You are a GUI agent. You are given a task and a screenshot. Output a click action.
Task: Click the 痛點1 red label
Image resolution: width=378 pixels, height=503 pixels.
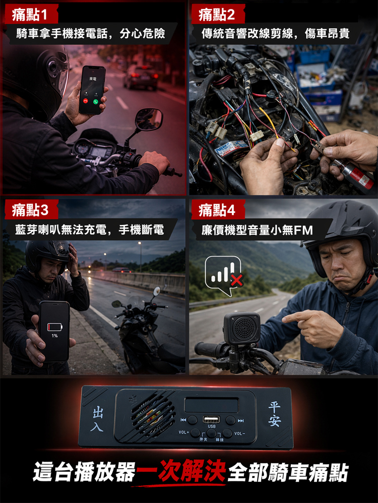31,15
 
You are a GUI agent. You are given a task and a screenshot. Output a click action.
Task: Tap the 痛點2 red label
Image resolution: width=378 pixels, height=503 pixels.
218,15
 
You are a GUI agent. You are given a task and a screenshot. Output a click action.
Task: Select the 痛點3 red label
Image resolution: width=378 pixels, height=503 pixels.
31,210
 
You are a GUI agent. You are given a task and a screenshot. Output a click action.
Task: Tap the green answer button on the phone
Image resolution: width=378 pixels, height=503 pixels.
96,102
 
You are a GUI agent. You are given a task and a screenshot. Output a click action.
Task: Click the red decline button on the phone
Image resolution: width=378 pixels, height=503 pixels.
86,101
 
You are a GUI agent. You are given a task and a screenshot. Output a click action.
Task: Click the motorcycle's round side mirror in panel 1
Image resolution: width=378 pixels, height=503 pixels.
149,119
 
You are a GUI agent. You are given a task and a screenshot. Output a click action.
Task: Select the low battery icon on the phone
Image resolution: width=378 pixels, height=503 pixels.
54,327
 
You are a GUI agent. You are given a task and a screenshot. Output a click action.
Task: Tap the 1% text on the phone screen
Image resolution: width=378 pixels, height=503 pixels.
54,335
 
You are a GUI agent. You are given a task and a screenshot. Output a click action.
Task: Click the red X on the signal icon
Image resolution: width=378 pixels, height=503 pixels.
237,280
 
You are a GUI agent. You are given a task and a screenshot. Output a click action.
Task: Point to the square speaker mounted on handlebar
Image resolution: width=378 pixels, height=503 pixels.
241,328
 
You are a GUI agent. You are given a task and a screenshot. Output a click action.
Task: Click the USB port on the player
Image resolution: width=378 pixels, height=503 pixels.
211,419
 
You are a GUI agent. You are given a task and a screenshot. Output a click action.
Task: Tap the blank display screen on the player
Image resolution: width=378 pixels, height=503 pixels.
212,405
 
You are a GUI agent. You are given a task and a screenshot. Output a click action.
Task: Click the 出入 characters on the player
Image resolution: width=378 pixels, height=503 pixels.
97,419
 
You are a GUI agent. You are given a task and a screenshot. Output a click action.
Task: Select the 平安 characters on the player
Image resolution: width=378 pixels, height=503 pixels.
275,414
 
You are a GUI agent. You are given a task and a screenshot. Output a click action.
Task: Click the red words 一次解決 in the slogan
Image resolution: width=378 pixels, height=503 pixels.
181,471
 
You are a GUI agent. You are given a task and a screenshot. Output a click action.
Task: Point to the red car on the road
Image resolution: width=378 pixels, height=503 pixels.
141,77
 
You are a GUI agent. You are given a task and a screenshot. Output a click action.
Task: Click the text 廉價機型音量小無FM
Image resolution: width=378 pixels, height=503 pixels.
257,230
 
